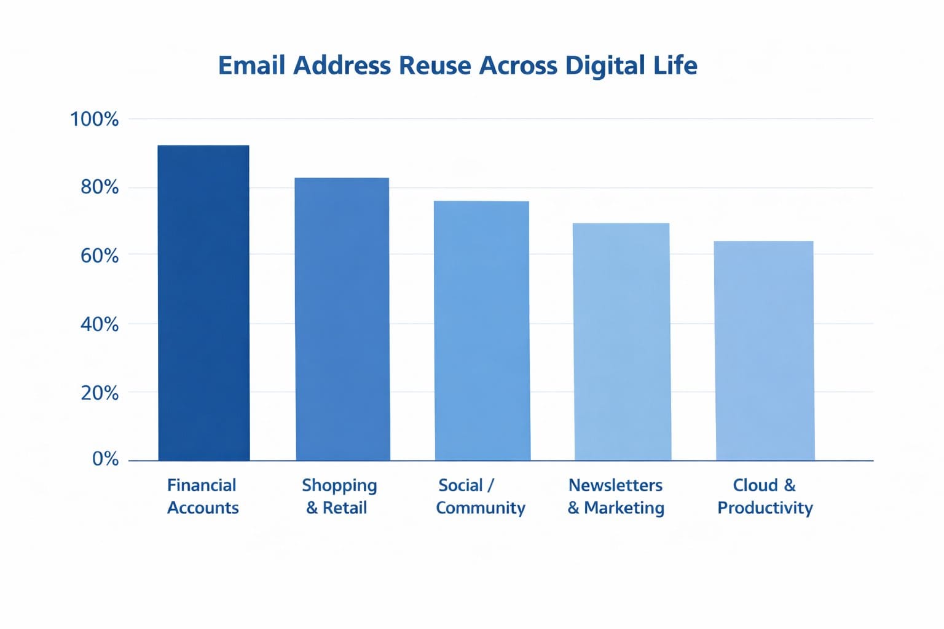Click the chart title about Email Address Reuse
[458, 66]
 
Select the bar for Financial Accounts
[203, 303]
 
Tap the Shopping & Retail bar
[342, 319]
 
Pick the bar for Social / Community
[482, 330]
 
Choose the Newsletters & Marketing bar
[622, 342]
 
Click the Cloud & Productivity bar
[765, 351]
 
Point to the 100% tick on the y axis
[94, 119]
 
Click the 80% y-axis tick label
[100, 187]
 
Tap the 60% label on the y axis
[100, 256]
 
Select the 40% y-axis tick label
[100, 324]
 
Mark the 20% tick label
[100, 393]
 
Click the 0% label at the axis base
[105, 459]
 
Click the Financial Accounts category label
[203, 496]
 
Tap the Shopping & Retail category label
[339, 496]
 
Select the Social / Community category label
[480, 496]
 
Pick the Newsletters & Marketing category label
[616, 496]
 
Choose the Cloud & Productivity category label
[765, 496]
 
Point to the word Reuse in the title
[435, 66]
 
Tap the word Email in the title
[252, 66]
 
